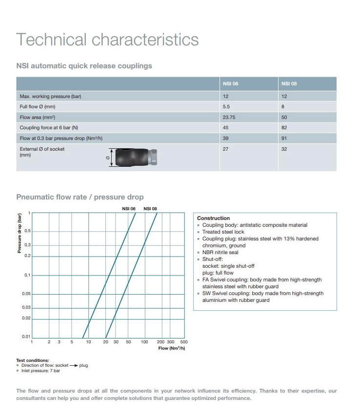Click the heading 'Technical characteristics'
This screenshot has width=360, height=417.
point(107,40)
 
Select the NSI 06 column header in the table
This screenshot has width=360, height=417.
point(230,83)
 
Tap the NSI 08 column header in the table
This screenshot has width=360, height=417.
point(289,83)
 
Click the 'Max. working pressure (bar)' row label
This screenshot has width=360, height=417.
point(50,96)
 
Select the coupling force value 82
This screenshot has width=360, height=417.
point(284,128)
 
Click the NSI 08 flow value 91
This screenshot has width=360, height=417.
point(284,139)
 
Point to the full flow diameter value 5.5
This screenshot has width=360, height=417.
point(226,107)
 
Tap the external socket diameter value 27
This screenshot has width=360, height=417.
point(225,149)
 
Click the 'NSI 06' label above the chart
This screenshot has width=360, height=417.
point(129,209)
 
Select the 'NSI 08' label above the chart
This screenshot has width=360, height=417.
point(150,209)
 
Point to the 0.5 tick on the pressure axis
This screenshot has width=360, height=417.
point(28,231)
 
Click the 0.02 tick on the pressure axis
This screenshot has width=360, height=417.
point(27,318)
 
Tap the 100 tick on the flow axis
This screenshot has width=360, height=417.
point(144,342)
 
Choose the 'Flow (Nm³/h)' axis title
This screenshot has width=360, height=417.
point(172,348)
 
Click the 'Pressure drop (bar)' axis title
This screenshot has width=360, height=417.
point(20,235)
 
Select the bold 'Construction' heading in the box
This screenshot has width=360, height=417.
point(213,218)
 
